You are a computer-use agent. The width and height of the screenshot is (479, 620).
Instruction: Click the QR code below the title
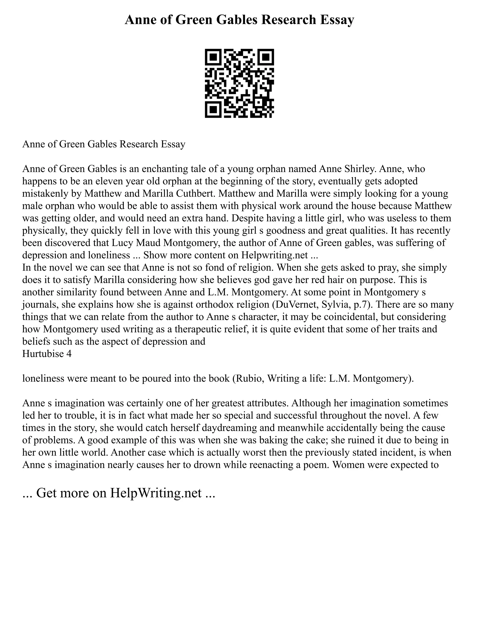239,83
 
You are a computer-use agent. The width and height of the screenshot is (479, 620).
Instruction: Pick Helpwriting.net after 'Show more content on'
274,255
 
